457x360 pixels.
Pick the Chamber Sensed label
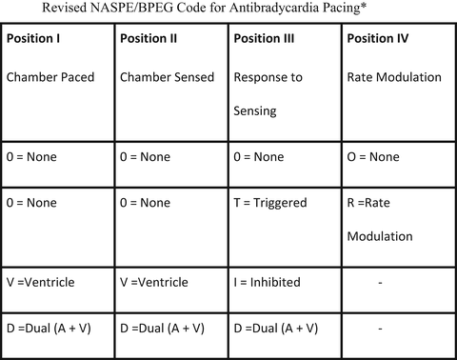(169, 77)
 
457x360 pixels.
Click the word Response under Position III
(269, 77)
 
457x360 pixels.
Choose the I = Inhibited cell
(273, 283)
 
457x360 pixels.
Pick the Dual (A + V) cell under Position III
(285, 329)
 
